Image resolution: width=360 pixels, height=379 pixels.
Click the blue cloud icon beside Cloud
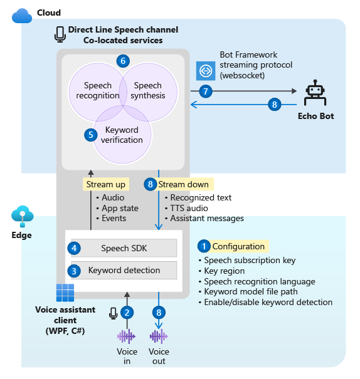coord(22,16)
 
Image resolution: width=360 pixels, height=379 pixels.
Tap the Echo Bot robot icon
coord(315,93)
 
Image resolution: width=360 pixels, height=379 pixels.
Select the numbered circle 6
coord(123,61)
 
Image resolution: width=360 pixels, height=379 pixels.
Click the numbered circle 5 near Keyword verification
coord(91,135)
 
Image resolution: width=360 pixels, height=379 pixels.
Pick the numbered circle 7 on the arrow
coord(206,91)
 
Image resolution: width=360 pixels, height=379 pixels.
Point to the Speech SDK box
coord(124,248)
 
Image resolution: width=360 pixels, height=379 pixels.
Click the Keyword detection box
coord(124,270)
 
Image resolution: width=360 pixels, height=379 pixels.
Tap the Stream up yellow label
coord(106,184)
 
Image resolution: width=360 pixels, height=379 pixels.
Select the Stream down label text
coord(183,184)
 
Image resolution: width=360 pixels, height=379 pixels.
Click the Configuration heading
coord(238,246)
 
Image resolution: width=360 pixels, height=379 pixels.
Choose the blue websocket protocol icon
coord(206,71)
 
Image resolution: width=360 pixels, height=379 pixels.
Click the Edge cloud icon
coord(22,216)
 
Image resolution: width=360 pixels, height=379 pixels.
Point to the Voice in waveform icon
coord(126,336)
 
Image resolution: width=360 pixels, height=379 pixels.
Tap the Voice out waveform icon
coord(159,336)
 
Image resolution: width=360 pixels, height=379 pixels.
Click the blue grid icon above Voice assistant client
coord(65,293)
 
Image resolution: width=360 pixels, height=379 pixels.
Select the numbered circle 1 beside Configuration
coord(204,246)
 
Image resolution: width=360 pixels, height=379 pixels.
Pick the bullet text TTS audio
coord(189,208)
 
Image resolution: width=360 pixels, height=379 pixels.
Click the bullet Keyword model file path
coord(251,292)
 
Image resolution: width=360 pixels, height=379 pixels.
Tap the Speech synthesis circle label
coord(148,90)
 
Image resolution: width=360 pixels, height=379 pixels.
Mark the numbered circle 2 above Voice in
coord(127,313)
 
